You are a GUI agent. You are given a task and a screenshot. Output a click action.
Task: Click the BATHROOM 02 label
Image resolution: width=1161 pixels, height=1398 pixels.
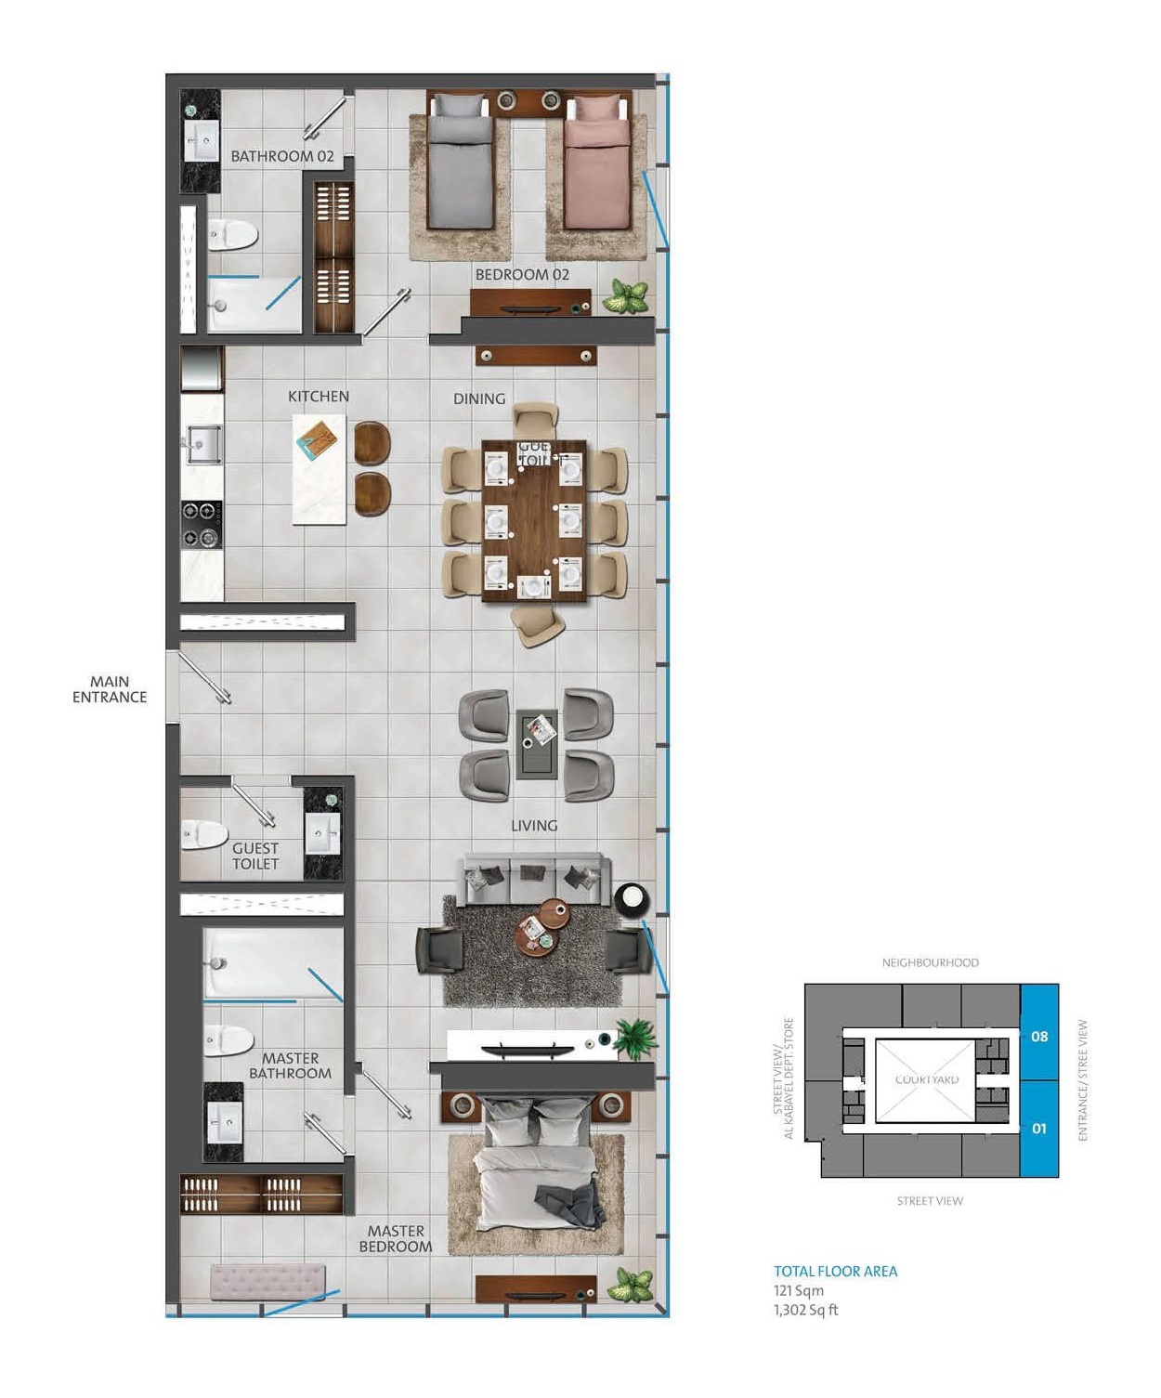(281, 156)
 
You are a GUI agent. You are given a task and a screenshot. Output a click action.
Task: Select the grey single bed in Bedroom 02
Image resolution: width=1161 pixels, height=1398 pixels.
(460, 167)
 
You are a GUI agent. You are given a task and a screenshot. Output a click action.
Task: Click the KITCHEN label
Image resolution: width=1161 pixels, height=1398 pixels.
(319, 397)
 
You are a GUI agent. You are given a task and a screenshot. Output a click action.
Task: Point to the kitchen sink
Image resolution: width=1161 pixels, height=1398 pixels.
(203, 444)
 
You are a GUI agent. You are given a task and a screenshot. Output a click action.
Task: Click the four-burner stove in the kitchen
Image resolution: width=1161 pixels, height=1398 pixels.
(202, 525)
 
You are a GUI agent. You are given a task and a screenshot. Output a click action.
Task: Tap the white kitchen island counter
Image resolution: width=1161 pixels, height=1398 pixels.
(320, 470)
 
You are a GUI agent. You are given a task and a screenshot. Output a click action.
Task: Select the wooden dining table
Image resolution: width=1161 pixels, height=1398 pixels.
(534, 520)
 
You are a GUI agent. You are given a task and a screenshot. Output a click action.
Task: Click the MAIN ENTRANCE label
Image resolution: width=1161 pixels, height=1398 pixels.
(110, 689)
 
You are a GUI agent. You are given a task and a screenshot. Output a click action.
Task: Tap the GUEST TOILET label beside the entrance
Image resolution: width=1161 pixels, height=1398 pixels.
(255, 856)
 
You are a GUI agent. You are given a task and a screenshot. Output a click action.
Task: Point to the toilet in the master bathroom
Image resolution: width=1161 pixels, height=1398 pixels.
(228, 1040)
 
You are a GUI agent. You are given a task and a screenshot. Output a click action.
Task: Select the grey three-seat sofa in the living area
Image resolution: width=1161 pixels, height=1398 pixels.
(537, 878)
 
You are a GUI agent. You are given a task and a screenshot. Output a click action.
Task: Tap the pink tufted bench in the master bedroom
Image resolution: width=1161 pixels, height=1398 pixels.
(267, 1282)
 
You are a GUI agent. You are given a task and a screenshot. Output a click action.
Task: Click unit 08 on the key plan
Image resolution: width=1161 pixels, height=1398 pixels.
(1039, 1035)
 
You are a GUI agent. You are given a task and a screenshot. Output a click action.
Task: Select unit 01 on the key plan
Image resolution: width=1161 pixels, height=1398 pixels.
(1039, 1128)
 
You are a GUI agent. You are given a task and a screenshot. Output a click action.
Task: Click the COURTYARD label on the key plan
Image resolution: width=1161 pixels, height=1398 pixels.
(927, 1079)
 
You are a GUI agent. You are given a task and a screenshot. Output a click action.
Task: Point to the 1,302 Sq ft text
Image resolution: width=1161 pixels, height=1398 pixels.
(806, 1310)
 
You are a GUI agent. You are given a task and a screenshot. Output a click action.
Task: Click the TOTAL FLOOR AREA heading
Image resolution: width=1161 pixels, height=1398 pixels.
(836, 1272)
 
